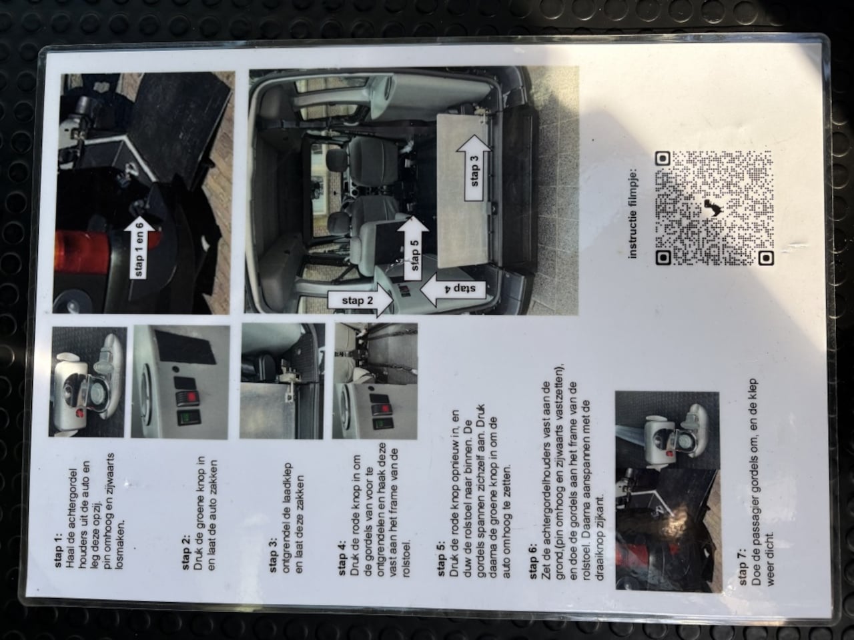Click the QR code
click(715, 208)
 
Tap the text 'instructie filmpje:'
click(633, 213)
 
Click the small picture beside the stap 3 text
click(282, 381)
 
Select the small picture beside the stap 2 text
click(181, 381)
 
